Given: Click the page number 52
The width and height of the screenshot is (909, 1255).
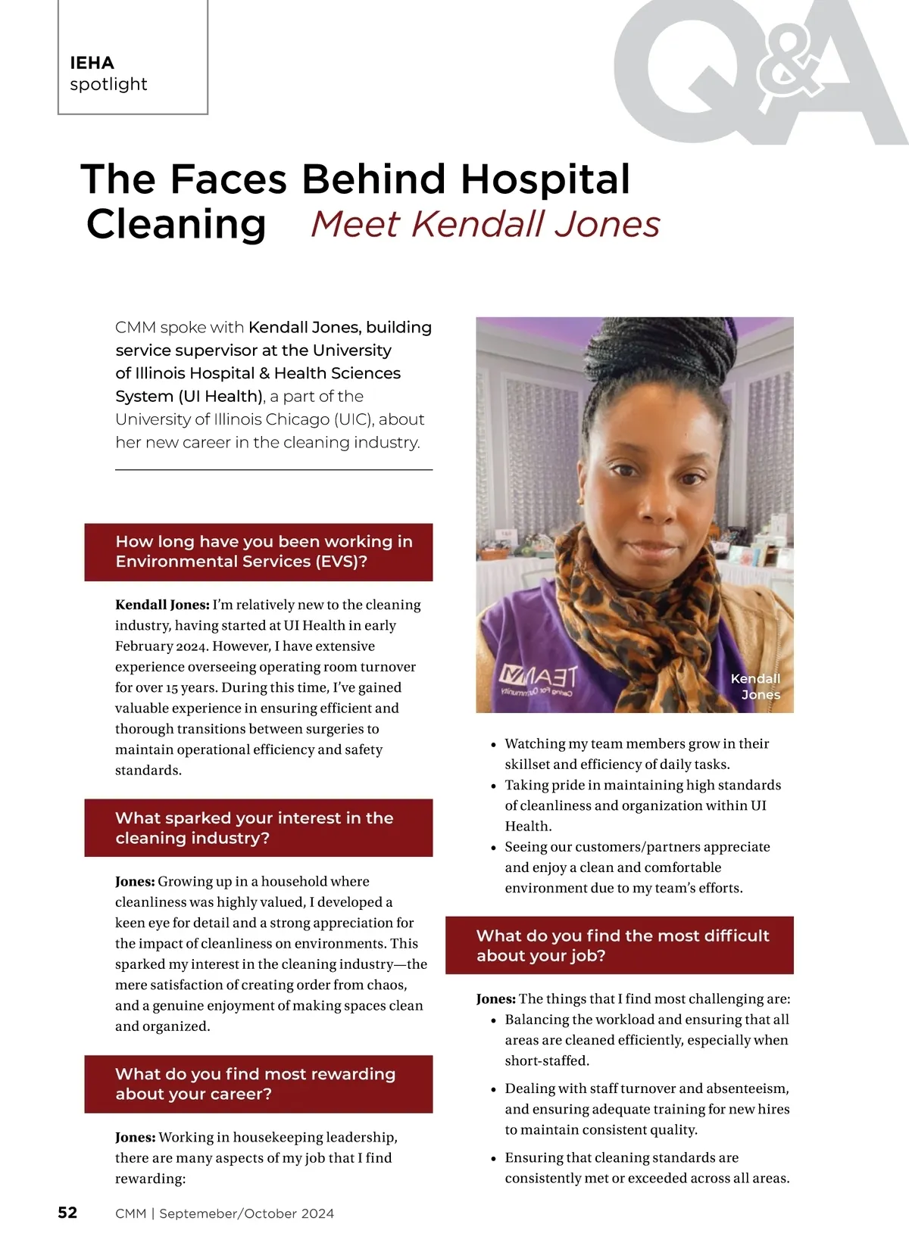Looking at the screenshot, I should [67, 1213].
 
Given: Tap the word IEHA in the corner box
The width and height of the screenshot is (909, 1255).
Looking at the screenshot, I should [92, 63].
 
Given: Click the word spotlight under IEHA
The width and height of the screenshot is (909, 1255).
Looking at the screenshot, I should [108, 84].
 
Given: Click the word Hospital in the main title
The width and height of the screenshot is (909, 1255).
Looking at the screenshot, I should [545, 179].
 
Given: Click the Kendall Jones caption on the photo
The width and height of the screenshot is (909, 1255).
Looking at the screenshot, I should [756, 687].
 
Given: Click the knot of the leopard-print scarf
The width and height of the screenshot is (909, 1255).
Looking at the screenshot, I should [639, 628].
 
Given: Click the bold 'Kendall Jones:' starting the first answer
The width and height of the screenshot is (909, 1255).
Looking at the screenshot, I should [162, 605].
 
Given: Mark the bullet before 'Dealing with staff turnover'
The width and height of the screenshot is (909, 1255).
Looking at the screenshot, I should [494, 1090].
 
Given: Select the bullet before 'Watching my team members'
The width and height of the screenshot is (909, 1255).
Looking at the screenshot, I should [494, 745].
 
